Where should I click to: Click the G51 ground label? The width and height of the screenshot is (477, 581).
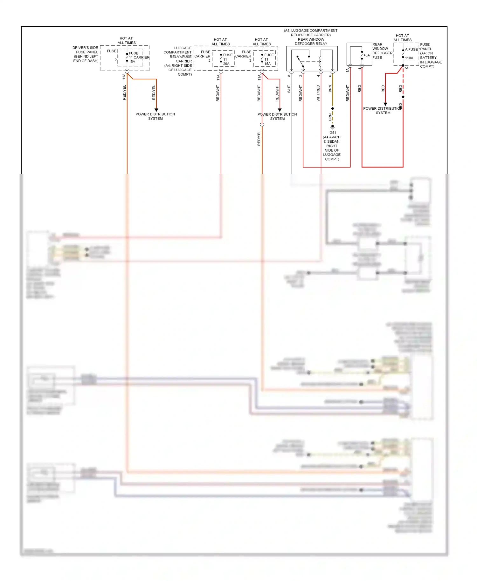(x=332, y=133)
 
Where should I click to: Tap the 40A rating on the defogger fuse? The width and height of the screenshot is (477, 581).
(x=366, y=55)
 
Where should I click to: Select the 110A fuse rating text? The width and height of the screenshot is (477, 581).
(x=409, y=58)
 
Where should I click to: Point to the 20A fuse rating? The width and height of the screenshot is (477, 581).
(x=226, y=64)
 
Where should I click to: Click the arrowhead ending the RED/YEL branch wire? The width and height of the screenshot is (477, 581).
(x=156, y=110)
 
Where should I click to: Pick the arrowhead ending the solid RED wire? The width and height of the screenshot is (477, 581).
(x=385, y=104)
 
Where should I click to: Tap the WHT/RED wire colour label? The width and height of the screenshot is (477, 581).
(x=318, y=93)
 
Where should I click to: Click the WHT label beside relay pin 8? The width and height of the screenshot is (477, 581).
(x=289, y=89)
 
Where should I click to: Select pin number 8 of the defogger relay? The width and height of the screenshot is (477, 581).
(x=289, y=76)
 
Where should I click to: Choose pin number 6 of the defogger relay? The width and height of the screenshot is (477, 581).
(x=330, y=76)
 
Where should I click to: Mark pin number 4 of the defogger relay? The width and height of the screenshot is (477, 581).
(x=318, y=76)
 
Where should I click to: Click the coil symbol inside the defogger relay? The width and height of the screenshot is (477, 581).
(x=321, y=61)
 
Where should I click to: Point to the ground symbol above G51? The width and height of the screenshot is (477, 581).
(x=333, y=127)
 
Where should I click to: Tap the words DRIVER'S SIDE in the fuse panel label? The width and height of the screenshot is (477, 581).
(x=85, y=48)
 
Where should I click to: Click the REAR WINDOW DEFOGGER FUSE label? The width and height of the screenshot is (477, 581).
(x=382, y=51)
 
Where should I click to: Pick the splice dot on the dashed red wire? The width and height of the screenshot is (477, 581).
(x=403, y=97)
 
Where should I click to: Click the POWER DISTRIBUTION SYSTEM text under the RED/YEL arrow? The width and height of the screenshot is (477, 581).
(x=155, y=116)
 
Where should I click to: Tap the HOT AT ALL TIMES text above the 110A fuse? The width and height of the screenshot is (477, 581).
(x=402, y=38)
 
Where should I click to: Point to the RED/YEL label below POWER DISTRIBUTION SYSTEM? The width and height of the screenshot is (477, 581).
(x=259, y=138)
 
